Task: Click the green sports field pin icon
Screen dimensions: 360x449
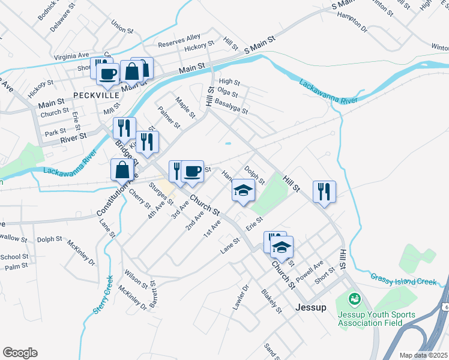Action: (354, 298)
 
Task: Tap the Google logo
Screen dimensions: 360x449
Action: (20, 353)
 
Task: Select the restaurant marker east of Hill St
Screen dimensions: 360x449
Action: (324, 191)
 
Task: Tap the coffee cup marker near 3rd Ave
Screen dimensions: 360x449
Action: (192, 171)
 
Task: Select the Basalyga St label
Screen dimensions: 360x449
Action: (231, 107)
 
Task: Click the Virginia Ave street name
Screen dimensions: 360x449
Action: (71, 56)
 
